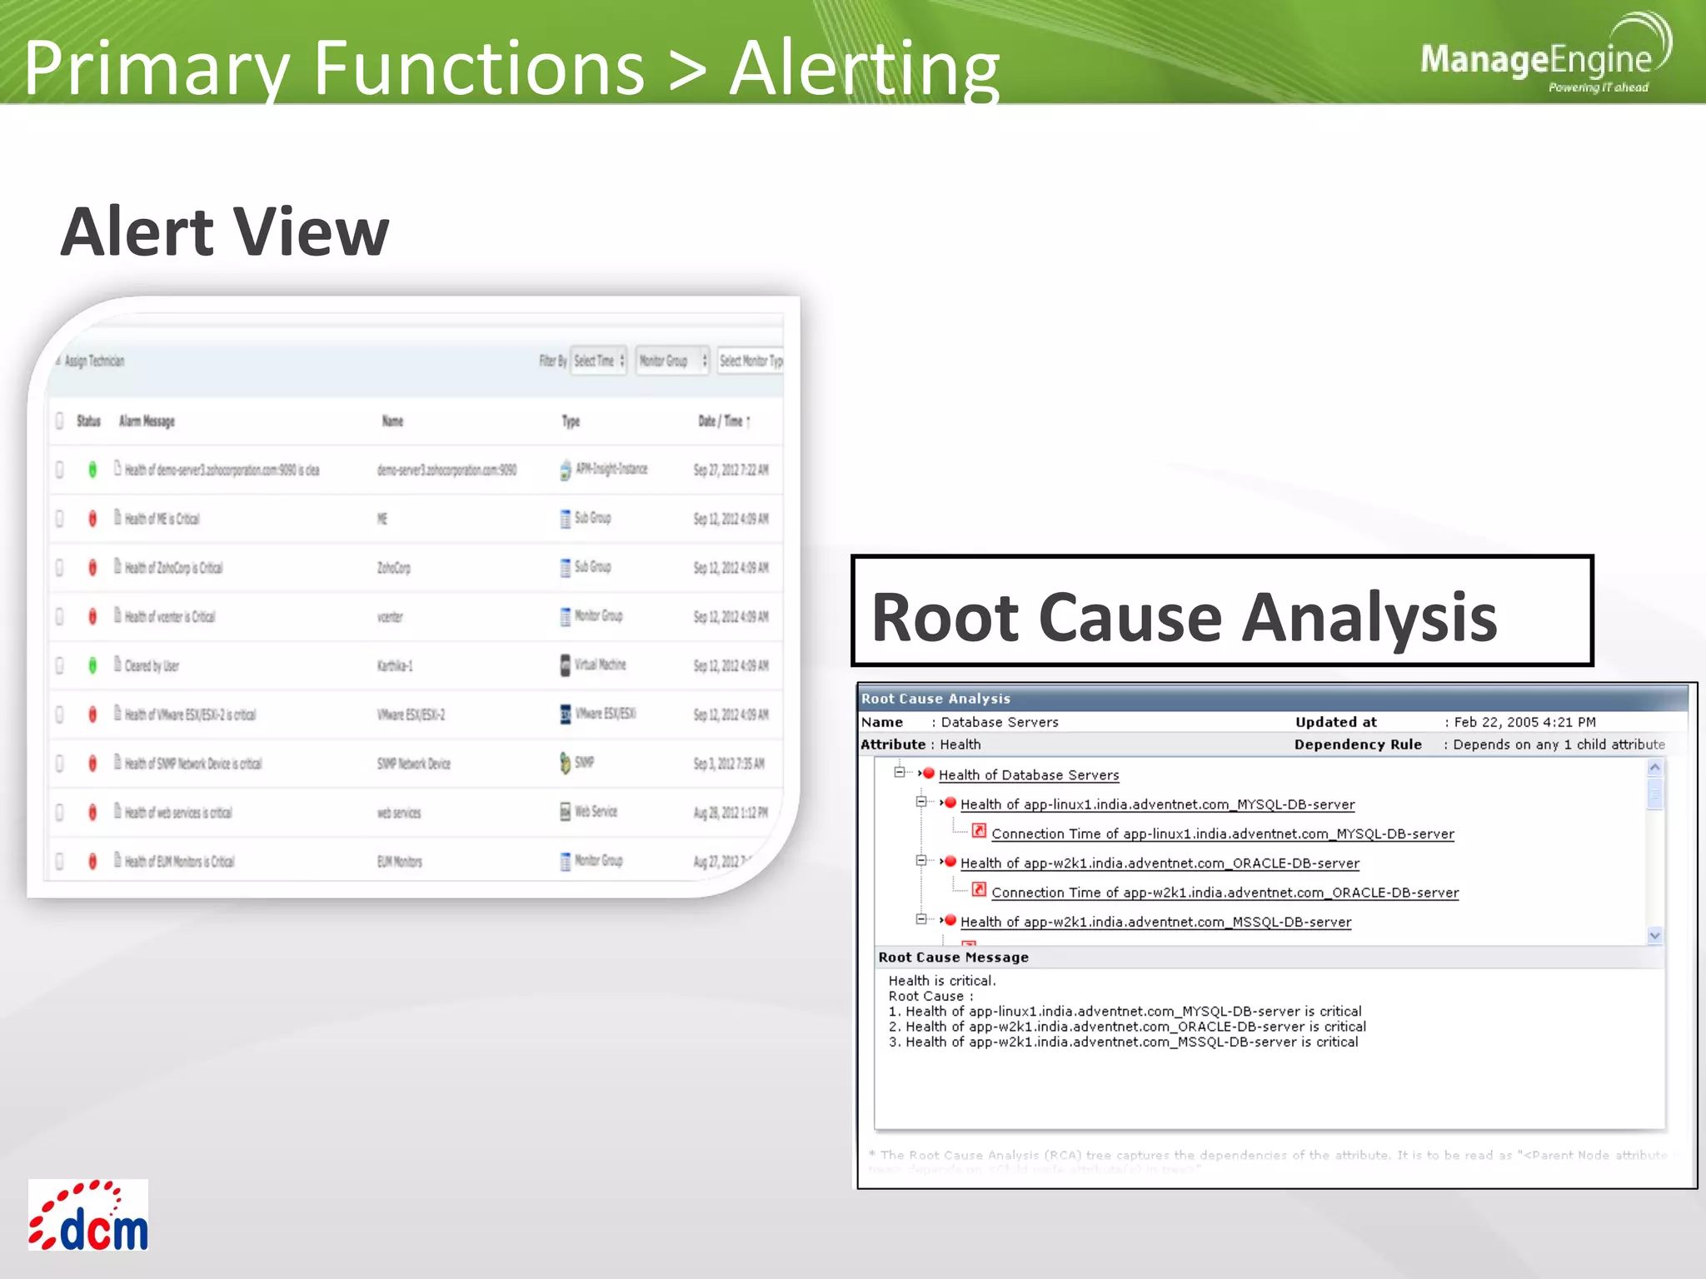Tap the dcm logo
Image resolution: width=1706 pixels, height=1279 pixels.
coord(88,1216)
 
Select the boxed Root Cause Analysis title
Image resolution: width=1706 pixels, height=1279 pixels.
coord(1221,611)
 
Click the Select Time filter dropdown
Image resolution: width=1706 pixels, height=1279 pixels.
coord(598,361)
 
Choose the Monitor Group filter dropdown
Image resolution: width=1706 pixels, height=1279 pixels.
coord(671,361)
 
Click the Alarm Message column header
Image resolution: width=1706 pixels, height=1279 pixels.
coord(147,421)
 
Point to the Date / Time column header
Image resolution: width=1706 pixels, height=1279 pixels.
coord(723,421)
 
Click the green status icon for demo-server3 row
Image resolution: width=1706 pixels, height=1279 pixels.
coord(92,470)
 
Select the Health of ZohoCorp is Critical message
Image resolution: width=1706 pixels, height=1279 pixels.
coord(173,568)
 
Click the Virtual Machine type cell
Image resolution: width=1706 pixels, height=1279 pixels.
coord(600,664)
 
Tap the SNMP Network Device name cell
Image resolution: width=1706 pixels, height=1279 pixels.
coord(413,764)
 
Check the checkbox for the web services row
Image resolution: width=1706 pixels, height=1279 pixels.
coord(60,813)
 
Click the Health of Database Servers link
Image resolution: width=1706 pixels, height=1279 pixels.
coord(1028,775)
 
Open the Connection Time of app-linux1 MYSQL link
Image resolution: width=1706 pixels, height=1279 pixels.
coord(1222,834)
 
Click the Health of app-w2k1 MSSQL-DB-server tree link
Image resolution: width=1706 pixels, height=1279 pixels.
coord(1155,923)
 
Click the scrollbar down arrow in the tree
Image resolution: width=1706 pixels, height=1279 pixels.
coord(1654,935)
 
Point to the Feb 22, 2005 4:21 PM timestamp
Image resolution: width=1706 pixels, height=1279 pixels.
coord(1524,723)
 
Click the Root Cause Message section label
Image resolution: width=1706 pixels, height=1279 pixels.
coord(953,958)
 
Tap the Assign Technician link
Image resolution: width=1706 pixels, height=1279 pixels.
coord(94,361)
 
